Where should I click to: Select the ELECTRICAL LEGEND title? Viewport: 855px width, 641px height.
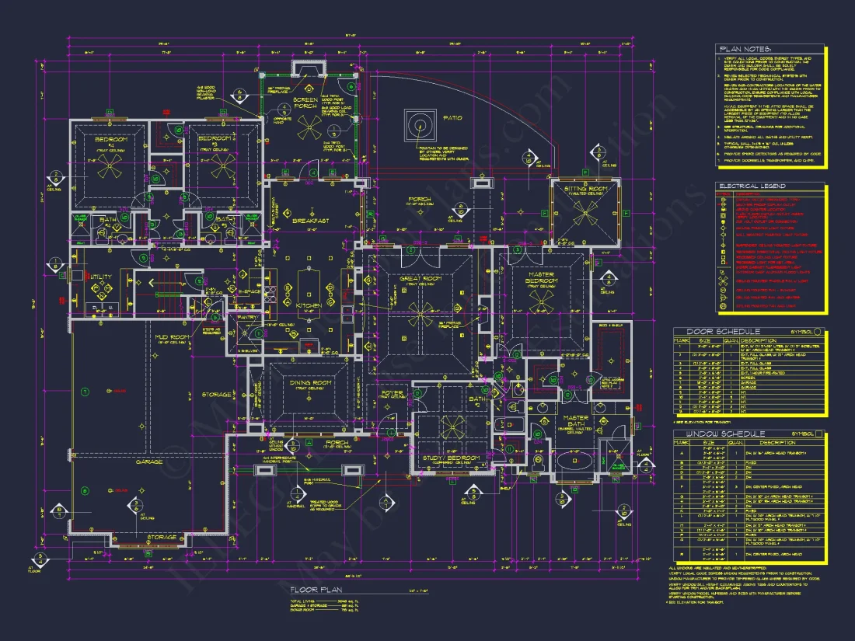coord(752,186)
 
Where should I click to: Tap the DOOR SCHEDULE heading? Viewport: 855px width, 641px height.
coord(716,332)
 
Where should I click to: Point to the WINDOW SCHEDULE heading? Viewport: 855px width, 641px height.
coord(720,434)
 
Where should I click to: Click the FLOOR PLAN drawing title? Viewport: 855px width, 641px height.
coord(313,589)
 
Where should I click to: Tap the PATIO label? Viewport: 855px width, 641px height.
coord(453,118)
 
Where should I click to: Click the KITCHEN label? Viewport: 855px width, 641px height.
coord(309,306)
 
